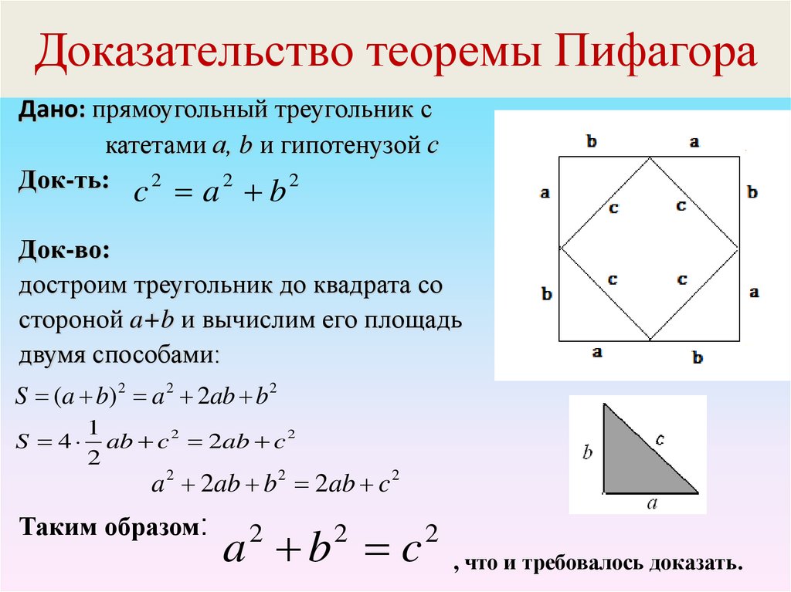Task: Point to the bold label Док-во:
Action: coord(63,252)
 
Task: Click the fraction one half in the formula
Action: coord(93,443)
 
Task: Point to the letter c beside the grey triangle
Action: coord(660,439)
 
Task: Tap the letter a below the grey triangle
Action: coord(651,504)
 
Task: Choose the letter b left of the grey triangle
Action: coord(587,453)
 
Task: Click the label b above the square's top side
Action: coord(592,141)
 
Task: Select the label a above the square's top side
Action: coord(694,141)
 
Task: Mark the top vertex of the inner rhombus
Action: coord(650,157)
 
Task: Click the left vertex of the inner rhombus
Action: coord(559,248)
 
